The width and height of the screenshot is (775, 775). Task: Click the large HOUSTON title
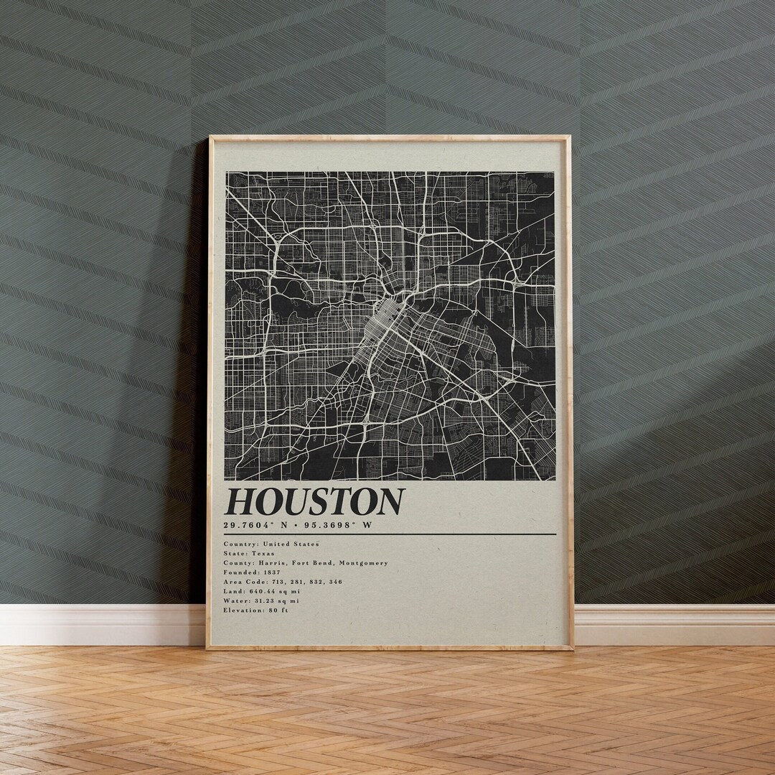[314, 501]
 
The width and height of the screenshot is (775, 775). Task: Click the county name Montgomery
[363, 563]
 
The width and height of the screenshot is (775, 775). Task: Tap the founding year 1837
[271, 572]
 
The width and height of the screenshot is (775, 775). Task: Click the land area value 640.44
[262, 591]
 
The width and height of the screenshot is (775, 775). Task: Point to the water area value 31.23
[266, 600]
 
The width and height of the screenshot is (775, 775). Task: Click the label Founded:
[240, 572]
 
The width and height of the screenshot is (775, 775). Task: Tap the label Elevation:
[245, 610]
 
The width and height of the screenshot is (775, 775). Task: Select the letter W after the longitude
[368, 525]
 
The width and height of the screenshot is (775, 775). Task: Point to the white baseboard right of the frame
[675, 624]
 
